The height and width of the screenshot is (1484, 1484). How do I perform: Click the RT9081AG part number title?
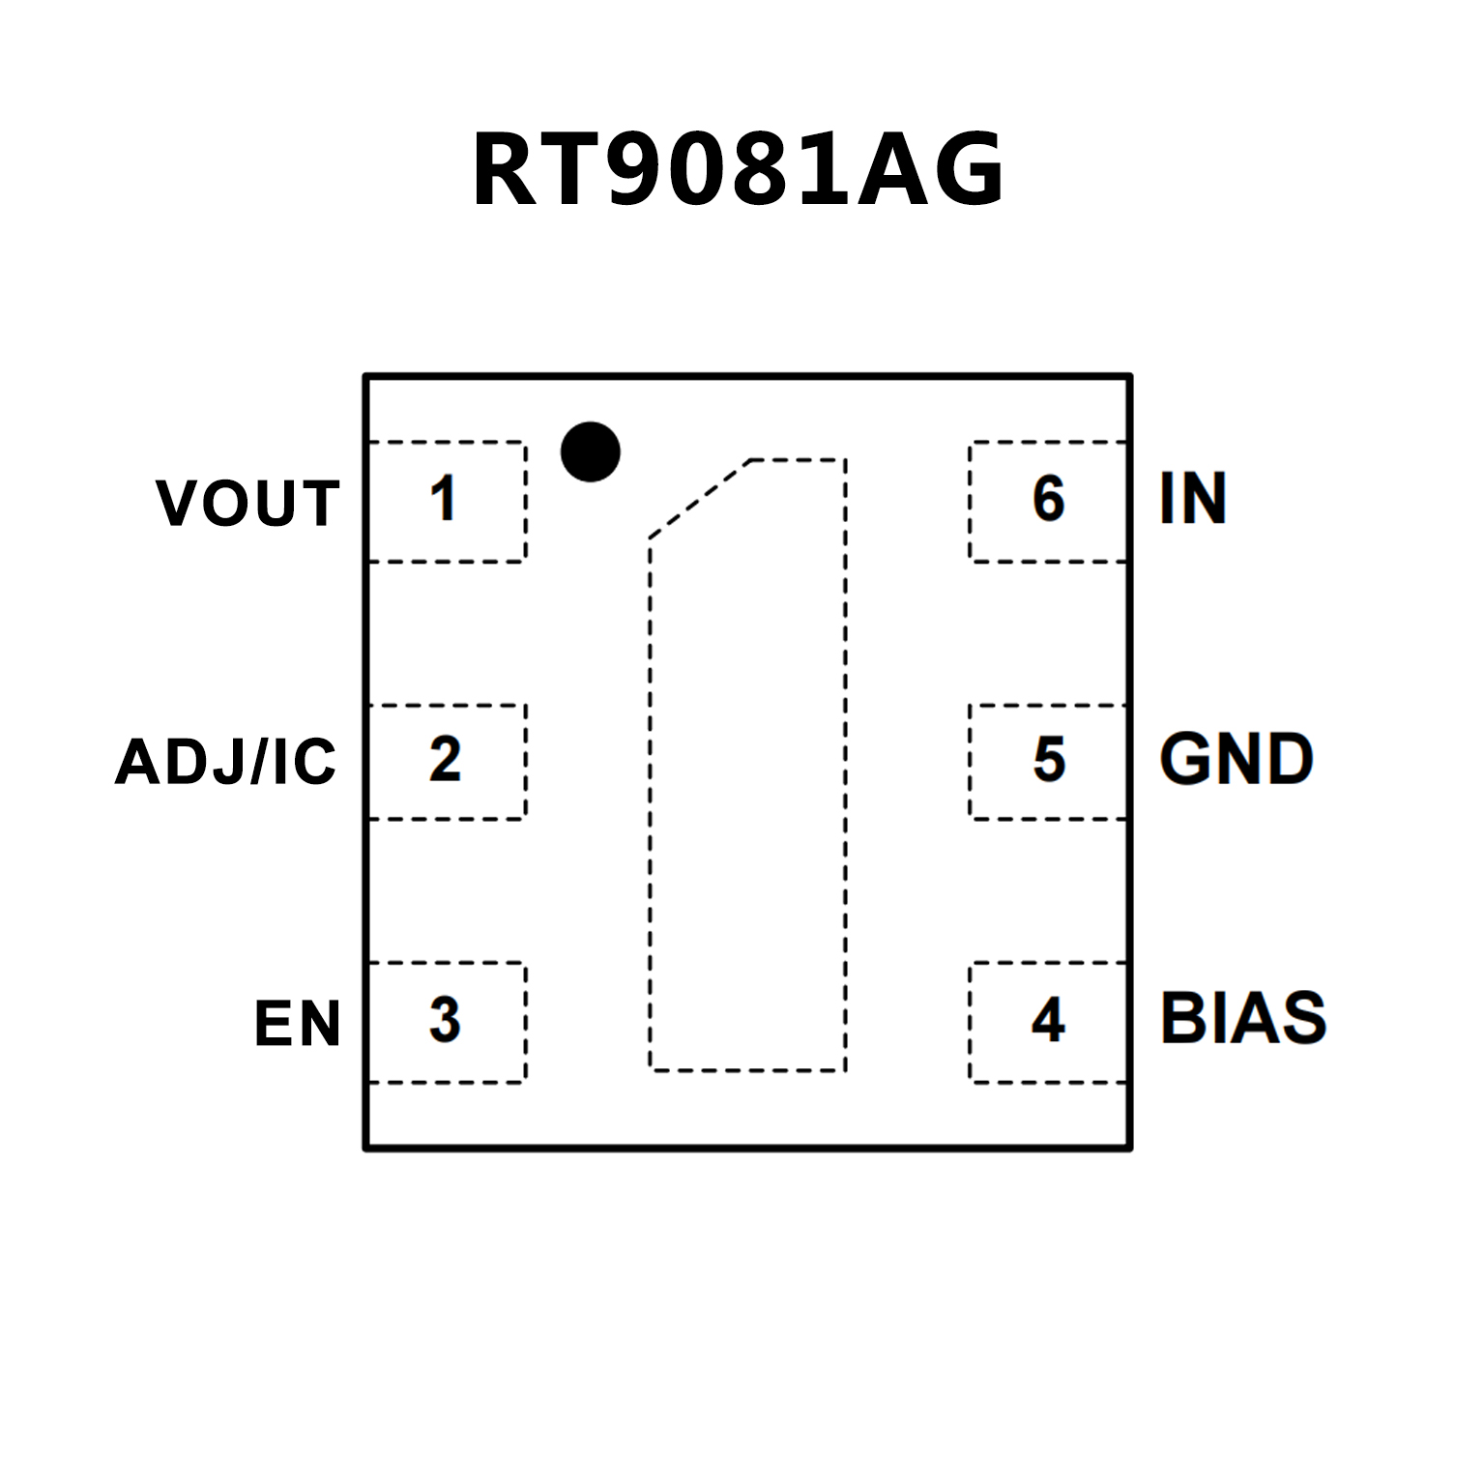(x=739, y=171)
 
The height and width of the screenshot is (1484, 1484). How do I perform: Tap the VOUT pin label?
(x=247, y=503)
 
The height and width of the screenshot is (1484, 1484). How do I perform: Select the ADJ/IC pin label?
(x=225, y=762)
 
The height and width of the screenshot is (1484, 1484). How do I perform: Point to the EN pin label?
(x=297, y=1024)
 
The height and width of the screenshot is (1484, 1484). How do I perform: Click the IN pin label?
(x=1193, y=499)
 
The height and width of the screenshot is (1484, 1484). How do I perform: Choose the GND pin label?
(x=1237, y=759)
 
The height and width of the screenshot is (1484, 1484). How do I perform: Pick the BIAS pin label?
(x=1243, y=1018)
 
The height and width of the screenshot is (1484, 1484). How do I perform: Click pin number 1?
(x=444, y=499)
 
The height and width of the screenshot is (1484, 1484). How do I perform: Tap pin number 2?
(x=445, y=760)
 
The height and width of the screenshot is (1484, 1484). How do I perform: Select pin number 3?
(x=445, y=1020)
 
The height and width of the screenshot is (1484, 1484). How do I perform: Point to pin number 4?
(x=1048, y=1020)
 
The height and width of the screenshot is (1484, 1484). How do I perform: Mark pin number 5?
(x=1049, y=760)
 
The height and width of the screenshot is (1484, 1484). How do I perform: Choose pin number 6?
(x=1049, y=499)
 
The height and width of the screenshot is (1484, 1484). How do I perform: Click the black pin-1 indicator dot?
(x=590, y=451)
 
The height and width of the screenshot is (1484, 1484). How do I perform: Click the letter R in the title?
(x=505, y=171)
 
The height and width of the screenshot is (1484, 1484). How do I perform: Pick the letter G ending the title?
(x=967, y=171)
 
